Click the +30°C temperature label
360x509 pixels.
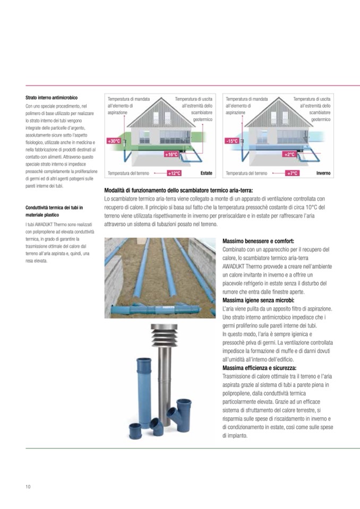[x=114, y=141]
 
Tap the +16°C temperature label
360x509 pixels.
[x=172, y=154]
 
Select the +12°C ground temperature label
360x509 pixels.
[x=174, y=173]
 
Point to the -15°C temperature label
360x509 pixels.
[x=232, y=141]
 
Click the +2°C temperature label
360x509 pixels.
[x=289, y=154]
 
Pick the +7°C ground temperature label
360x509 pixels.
[x=293, y=173]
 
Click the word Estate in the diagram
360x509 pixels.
[x=207, y=173]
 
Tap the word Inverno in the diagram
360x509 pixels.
[x=323, y=173]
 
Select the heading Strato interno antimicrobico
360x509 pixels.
[x=52, y=98]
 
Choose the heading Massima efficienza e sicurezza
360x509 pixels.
[x=260, y=368]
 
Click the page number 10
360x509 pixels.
[x=28, y=487]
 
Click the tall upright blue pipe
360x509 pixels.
[x=144, y=382]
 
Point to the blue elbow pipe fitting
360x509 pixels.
[x=156, y=426]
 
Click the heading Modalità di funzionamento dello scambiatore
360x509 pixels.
[x=179, y=191]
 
